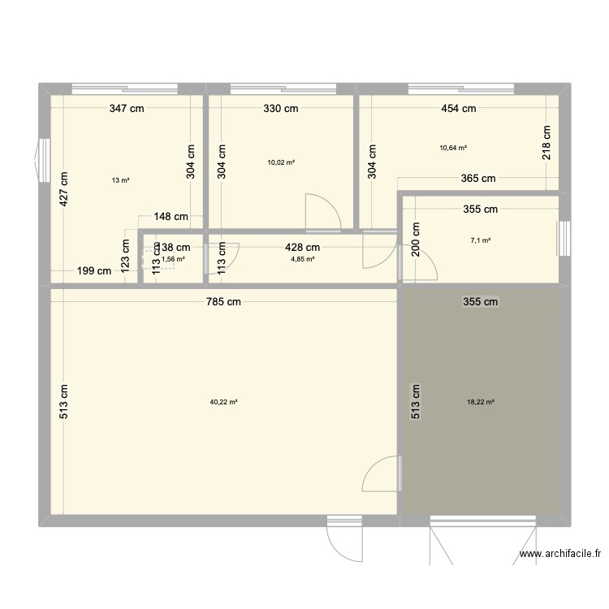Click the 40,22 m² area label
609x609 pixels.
[223, 402]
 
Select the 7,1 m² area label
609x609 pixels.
[480, 240]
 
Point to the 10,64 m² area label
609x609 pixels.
[453, 148]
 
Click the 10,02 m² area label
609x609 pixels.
[281, 162]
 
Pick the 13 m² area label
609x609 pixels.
[121, 180]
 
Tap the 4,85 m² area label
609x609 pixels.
[303, 259]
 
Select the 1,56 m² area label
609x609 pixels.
[173, 259]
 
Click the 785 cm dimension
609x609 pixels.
[222, 302]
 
